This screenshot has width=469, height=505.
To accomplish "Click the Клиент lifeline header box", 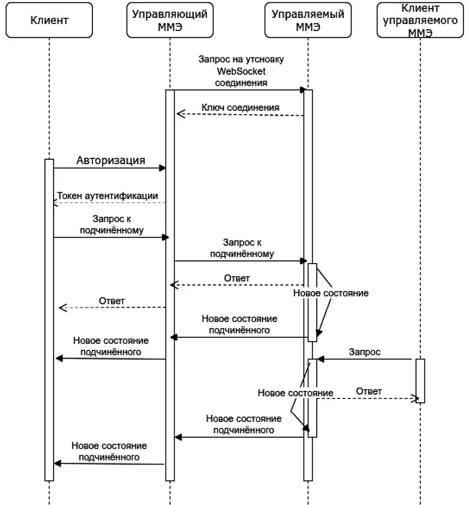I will pyautogui.click(x=49, y=21).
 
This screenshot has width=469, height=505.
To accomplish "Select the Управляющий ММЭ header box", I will pyautogui.click(x=170, y=21).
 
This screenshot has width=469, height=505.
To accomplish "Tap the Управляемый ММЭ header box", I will pyautogui.click(x=308, y=21).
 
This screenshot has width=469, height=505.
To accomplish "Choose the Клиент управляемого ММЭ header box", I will pyautogui.click(x=420, y=21).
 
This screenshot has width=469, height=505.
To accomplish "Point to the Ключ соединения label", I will pyautogui.click(x=240, y=108).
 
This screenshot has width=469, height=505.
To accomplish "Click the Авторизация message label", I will pyautogui.click(x=110, y=160).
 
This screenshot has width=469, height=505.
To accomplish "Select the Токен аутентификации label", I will pyautogui.click(x=108, y=195).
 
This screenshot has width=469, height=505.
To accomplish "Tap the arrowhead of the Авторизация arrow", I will pyautogui.click(x=162, y=168).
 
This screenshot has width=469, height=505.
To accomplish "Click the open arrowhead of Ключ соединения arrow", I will pyautogui.click(x=180, y=114).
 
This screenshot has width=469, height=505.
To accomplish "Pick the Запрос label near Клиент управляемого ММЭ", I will pyautogui.click(x=365, y=352).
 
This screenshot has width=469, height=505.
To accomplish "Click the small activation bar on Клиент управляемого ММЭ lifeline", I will pyautogui.click(x=420, y=381).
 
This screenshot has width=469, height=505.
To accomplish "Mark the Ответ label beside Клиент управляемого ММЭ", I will pyautogui.click(x=369, y=391).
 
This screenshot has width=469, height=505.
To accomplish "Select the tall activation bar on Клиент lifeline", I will pyautogui.click(x=49, y=319).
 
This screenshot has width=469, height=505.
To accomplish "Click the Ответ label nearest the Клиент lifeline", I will pyautogui.click(x=112, y=301).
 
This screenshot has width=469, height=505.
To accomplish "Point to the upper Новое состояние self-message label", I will pyautogui.click(x=331, y=293).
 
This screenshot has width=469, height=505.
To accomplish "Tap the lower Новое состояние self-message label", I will pyautogui.click(x=295, y=393).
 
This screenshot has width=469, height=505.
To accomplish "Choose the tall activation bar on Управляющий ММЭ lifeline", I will pyautogui.click(x=170, y=284).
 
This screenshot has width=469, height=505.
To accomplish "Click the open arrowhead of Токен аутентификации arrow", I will pyautogui.click(x=56, y=203).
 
